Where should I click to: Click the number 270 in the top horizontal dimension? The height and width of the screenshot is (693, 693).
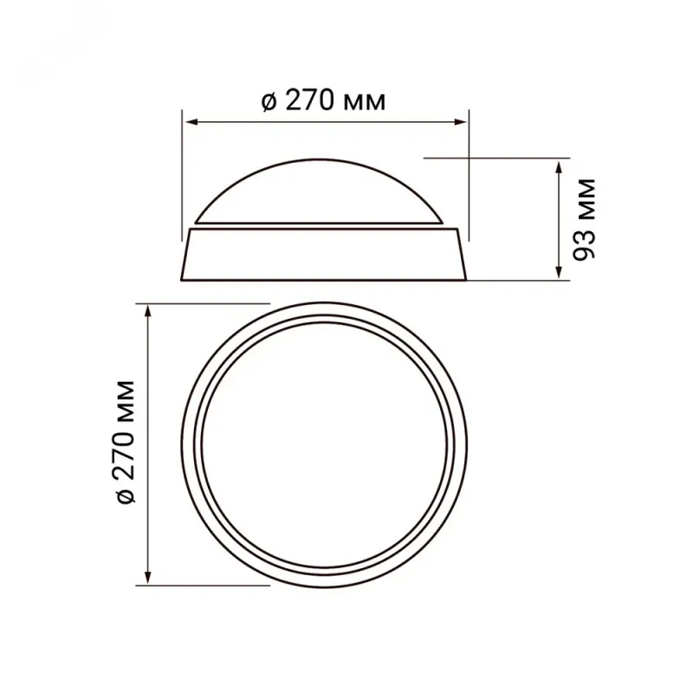tap(310, 101)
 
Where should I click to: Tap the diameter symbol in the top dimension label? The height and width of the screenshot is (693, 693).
tap(269, 102)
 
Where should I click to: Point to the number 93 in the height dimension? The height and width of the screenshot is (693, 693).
tap(584, 244)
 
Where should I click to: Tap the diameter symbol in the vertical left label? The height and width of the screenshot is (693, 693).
tap(125, 495)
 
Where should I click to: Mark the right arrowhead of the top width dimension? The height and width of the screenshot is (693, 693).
tap(460, 121)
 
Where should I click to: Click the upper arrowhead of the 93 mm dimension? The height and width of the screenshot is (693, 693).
tap(559, 167)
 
